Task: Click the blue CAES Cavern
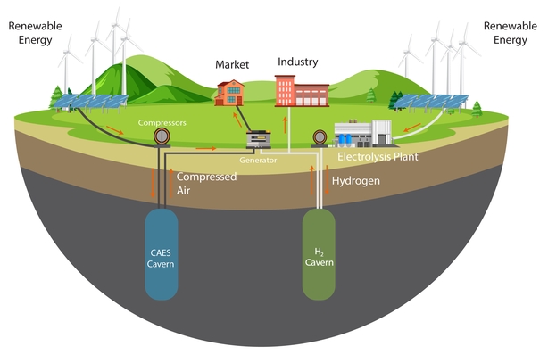[x=162, y=254]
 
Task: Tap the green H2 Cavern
[x=319, y=254]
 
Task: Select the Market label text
[x=232, y=64]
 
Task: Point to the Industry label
[x=298, y=62]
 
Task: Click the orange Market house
[x=229, y=93]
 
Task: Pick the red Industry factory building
[x=302, y=91]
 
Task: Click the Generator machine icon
[x=259, y=139]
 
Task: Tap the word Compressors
[x=162, y=122]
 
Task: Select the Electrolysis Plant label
[x=378, y=156]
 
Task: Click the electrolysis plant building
[x=363, y=133]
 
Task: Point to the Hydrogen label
[x=356, y=181]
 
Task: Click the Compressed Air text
[x=206, y=183]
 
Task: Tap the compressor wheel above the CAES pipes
[x=162, y=136]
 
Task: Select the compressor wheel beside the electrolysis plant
[x=320, y=137]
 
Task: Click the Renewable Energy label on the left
[x=35, y=32]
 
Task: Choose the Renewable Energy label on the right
[x=511, y=32]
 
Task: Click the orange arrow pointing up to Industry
[x=286, y=125]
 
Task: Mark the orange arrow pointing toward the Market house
[x=237, y=120]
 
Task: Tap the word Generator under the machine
[x=258, y=161]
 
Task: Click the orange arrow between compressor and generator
[x=206, y=148]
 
